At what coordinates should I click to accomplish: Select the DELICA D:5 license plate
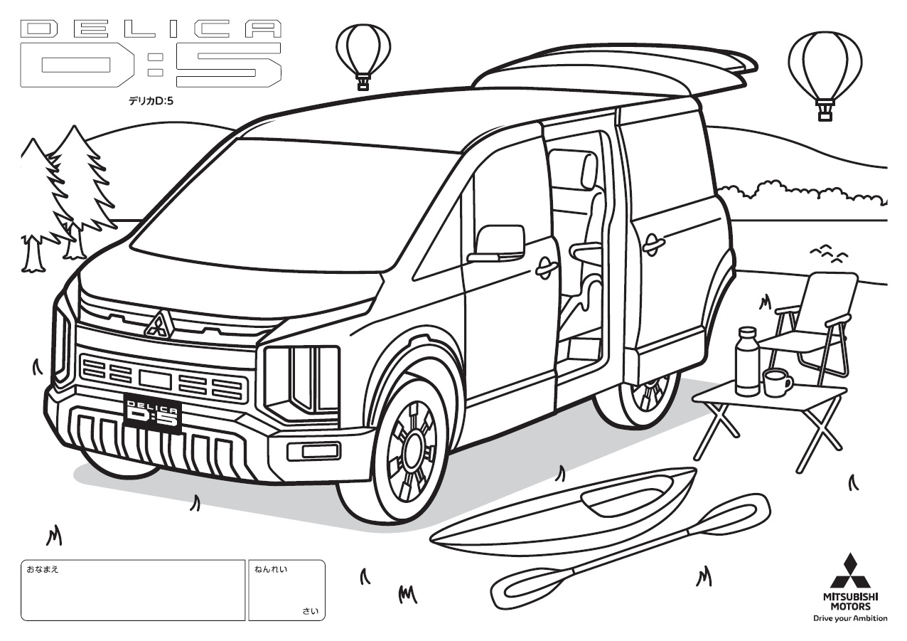(x=151, y=413)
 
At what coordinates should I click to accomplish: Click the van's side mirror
(x=500, y=241)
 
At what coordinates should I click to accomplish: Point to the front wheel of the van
(x=412, y=447)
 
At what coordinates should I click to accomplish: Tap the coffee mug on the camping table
(x=777, y=382)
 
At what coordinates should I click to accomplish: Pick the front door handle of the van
(x=547, y=267)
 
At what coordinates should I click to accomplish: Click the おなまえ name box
(x=133, y=590)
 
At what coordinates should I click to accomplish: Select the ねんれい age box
(x=286, y=590)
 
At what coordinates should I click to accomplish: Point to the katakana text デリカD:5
(x=151, y=100)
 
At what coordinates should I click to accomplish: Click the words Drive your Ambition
(x=850, y=618)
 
